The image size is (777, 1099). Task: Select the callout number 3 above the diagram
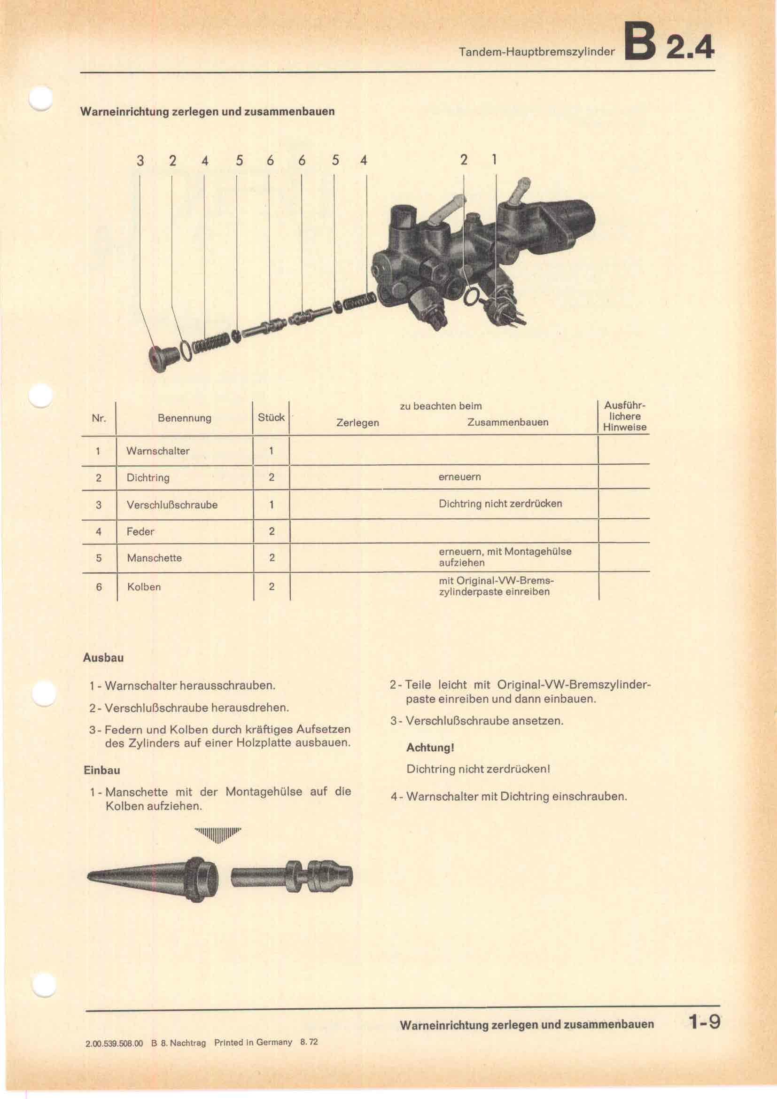pos(140,161)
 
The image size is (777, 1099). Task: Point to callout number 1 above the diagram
pos(494,159)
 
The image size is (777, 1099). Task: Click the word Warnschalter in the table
pos(158,451)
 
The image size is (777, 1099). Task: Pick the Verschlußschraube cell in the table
pos(172,505)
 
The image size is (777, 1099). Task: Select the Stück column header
pos(271,417)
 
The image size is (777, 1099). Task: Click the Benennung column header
pos(184,418)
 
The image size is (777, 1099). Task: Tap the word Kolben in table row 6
pos(144,587)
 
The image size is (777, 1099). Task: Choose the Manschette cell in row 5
pos(154,558)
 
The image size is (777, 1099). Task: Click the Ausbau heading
pos(103,658)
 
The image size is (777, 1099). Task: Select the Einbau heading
pos(101,770)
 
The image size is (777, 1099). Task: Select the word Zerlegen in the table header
pos(357,423)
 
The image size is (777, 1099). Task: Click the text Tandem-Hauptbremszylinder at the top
pos(536,52)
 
